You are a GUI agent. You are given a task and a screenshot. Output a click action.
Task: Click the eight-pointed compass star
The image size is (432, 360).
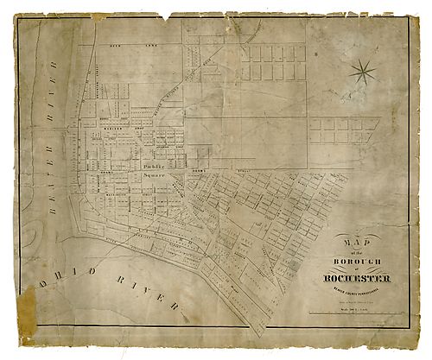pos(364,71)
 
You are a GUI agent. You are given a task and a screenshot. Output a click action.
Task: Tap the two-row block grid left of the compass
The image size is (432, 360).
pos(272,62)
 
